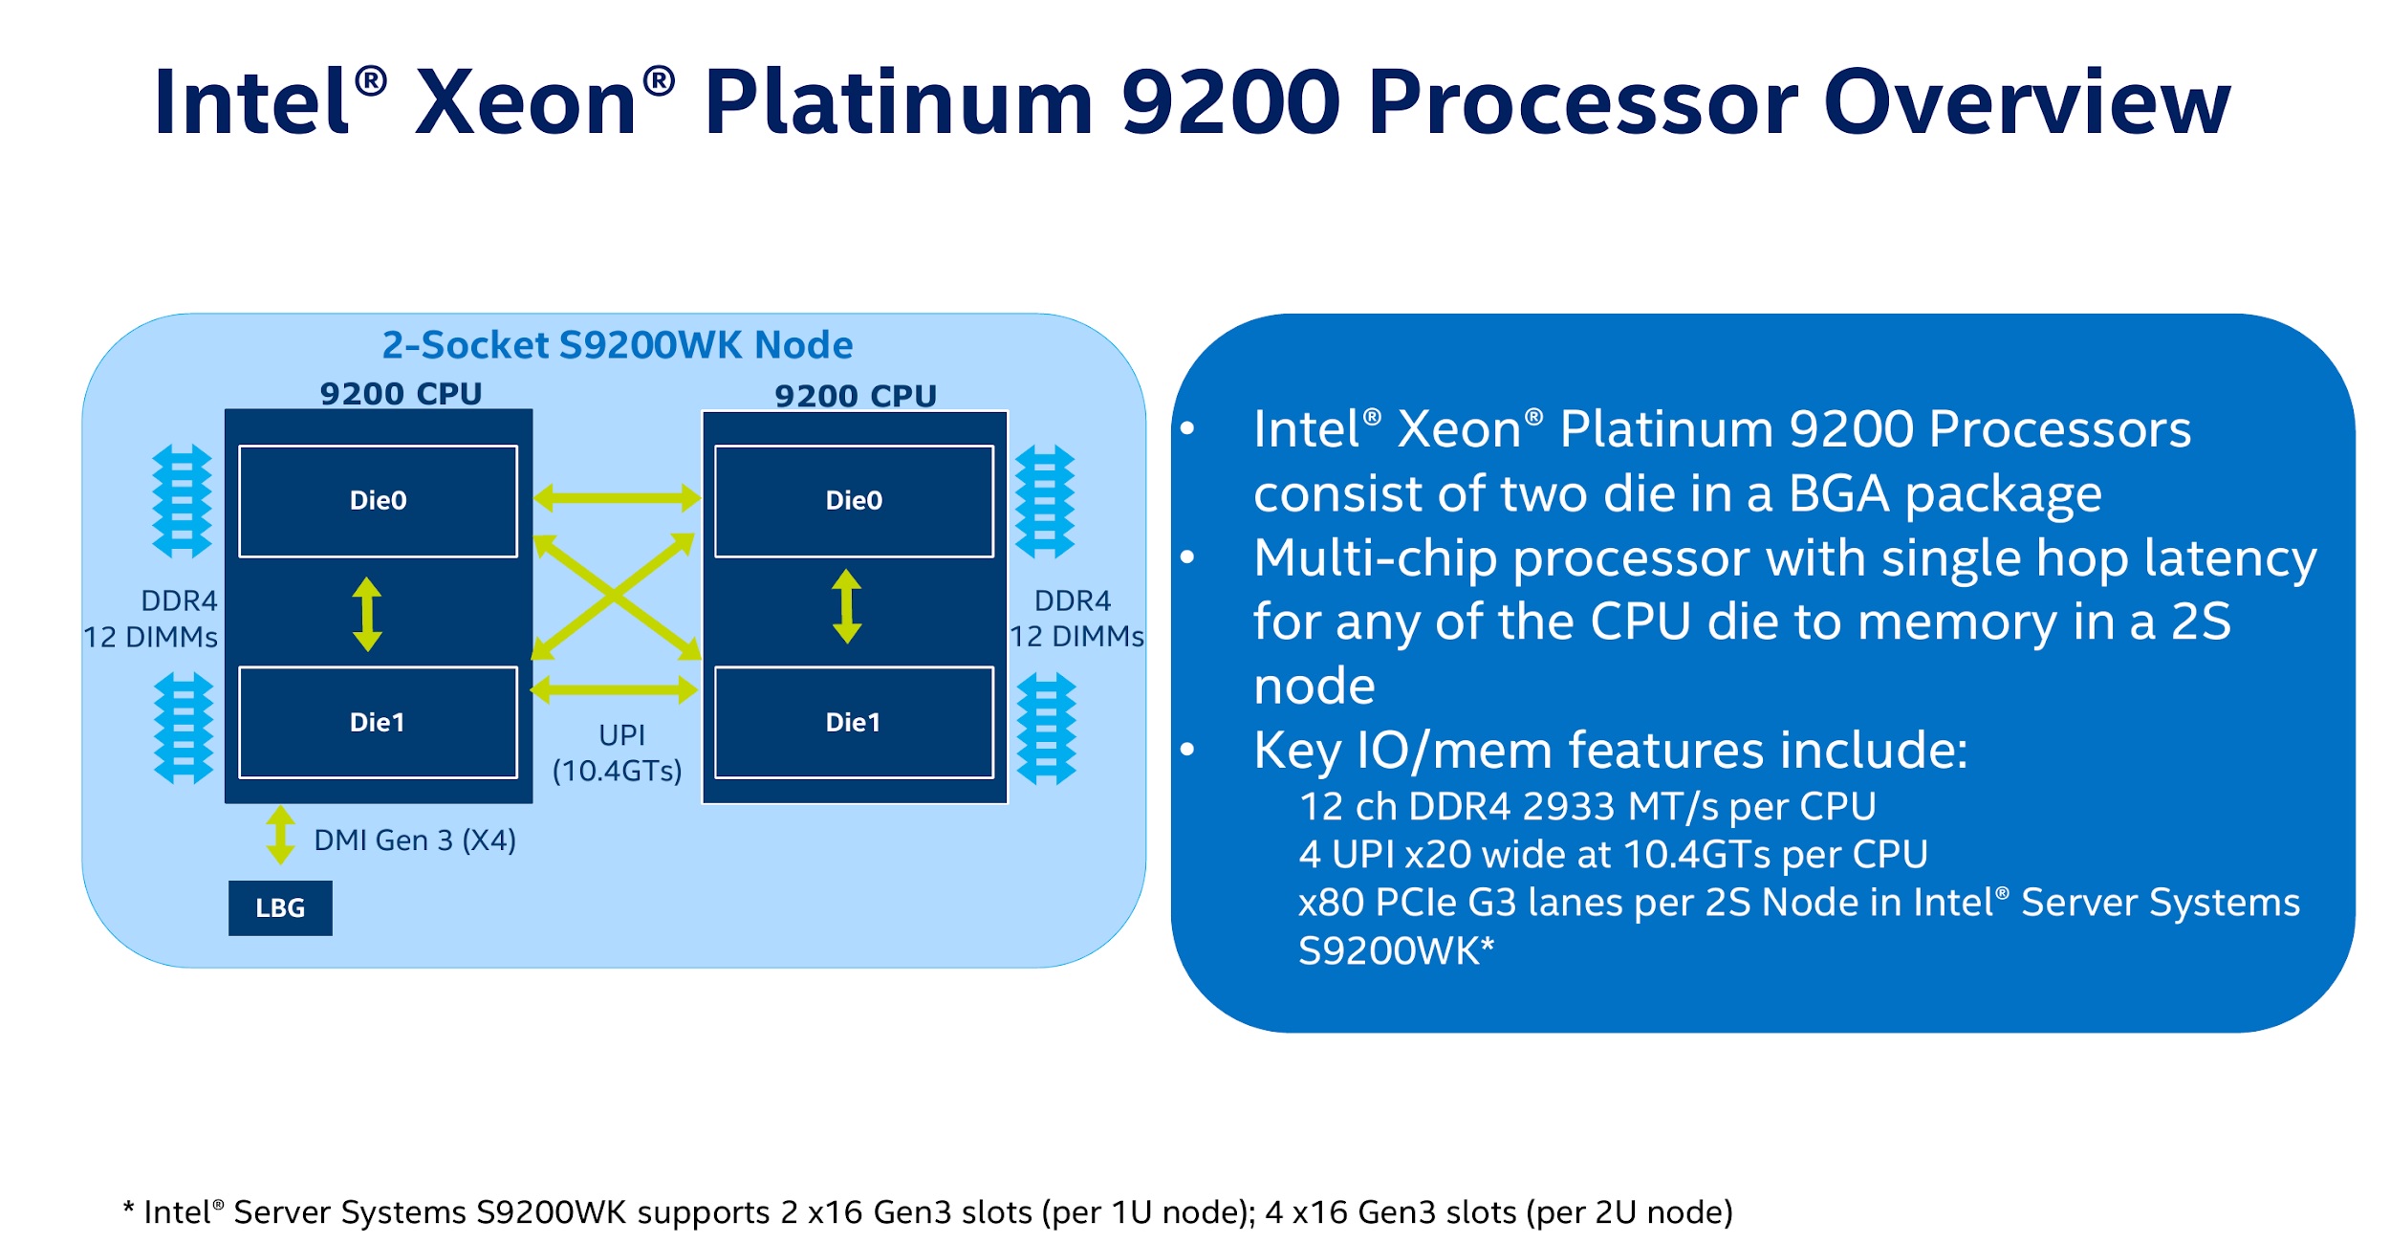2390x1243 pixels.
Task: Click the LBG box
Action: (x=280, y=907)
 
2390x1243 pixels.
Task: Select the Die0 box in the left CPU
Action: (x=378, y=500)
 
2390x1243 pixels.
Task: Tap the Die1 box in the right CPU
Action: (x=854, y=722)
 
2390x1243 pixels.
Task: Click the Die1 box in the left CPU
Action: (x=378, y=722)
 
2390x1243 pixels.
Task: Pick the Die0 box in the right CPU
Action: (x=854, y=500)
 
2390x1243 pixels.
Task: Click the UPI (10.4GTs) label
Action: (x=619, y=752)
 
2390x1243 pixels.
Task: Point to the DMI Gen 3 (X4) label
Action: (x=415, y=840)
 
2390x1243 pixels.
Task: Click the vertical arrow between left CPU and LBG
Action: (x=280, y=835)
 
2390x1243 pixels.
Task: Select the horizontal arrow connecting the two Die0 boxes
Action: (x=617, y=497)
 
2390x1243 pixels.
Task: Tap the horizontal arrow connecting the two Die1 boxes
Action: (x=615, y=689)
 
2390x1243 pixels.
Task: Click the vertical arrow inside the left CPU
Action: (x=367, y=614)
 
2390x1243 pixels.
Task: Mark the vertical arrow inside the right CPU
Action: (x=847, y=606)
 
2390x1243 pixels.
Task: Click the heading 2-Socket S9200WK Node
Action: (x=618, y=345)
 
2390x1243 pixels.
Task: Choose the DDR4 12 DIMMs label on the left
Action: (x=153, y=619)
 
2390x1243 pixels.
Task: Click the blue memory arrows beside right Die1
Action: (x=1046, y=729)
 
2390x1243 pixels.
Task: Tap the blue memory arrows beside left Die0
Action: (x=183, y=501)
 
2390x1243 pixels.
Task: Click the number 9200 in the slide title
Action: (x=1230, y=102)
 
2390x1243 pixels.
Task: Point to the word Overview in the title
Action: (x=2027, y=102)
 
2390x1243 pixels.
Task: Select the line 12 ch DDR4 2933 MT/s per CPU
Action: (x=1587, y=806)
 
